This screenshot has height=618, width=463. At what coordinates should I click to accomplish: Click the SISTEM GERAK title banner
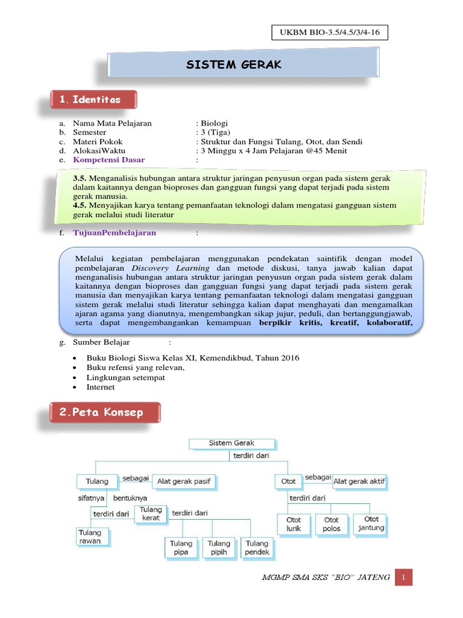coord(243,65)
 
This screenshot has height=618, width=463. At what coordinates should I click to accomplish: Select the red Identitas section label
coord(93,100)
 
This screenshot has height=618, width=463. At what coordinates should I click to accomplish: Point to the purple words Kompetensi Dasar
coord(109,160)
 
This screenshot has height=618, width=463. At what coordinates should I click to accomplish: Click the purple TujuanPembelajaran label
coord(115,232)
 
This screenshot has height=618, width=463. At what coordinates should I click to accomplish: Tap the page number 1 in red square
coord(404,578)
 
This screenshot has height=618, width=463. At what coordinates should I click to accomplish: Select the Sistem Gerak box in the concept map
coord(232,443)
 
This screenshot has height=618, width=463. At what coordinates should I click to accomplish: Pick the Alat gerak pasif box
coord(184,481)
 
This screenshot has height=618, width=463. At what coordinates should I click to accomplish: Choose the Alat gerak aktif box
coord(360,481)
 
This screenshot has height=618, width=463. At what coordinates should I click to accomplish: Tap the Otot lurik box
coord(294,524)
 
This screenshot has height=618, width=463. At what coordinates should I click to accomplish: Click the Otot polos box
coord(332,524)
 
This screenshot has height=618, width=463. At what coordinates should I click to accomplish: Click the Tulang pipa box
coord(181,547)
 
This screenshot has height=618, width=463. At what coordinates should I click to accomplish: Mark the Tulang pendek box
coord(257,547)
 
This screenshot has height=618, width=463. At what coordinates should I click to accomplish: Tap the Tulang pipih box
coord(219,547)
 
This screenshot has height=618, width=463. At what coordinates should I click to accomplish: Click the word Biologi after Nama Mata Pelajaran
coord(215,123)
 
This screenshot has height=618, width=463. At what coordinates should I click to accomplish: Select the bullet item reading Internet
coord(101,387)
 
